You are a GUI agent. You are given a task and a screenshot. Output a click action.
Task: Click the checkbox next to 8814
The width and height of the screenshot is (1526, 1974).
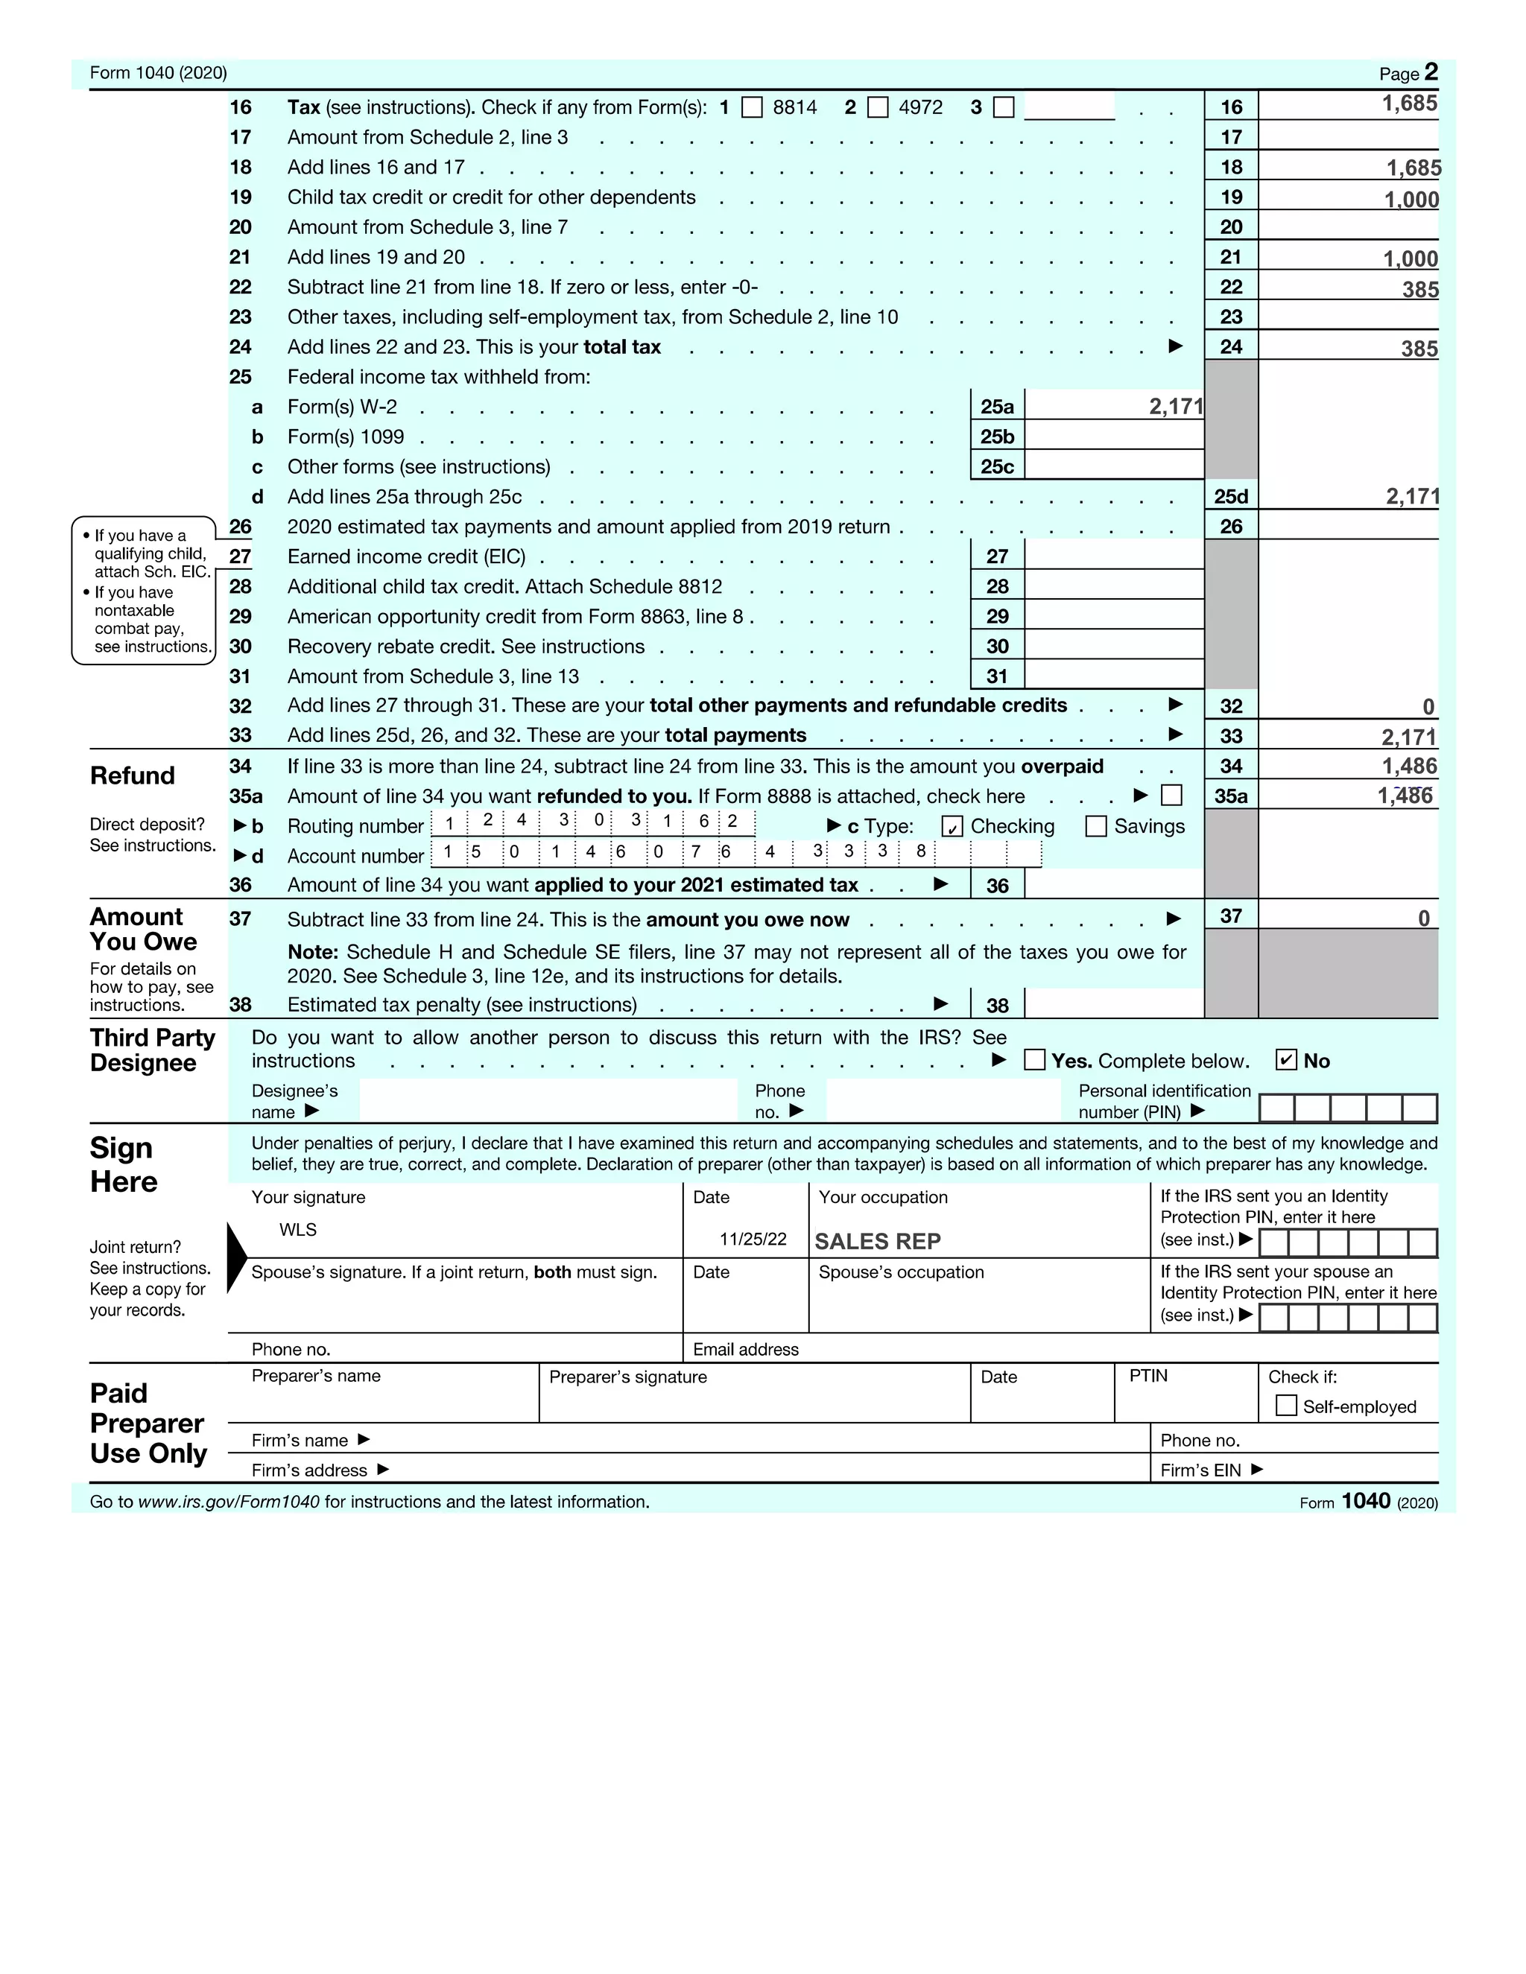click(751, 107)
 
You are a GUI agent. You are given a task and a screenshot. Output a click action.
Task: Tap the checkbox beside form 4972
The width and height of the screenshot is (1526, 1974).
click(878, 107)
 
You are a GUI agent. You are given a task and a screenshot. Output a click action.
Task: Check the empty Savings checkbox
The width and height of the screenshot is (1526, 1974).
click(1095, 826)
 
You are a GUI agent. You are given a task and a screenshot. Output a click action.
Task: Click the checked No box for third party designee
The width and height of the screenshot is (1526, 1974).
click(1285, 1060)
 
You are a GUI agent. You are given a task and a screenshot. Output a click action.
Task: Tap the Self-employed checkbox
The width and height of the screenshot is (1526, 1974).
click(1285, 1406)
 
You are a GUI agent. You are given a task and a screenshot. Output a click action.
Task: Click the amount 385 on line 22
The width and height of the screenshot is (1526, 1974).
click(1419, 290)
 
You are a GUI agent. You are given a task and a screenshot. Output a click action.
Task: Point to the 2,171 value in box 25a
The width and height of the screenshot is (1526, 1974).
click(1175, 407)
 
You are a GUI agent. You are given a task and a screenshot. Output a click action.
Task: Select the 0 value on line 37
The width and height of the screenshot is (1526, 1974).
click(1423, 918)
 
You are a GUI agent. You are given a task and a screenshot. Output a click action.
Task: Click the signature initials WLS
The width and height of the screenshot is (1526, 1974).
click(297, 1229)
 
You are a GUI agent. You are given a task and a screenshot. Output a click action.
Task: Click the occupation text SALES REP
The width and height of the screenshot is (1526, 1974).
click(877, 1241)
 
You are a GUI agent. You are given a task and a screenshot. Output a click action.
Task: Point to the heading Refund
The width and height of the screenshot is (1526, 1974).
click(132, 775)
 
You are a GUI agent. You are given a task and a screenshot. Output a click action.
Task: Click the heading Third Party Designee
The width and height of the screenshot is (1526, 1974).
click(152, 1050)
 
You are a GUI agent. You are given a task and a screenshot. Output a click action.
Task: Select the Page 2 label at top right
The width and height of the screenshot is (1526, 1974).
click(1408, 72)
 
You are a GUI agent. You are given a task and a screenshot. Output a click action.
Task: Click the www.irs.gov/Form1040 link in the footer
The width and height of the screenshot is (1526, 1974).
click(229, 1501)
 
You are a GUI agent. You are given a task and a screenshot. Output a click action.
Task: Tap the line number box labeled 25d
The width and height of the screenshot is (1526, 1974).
click(1230, 496)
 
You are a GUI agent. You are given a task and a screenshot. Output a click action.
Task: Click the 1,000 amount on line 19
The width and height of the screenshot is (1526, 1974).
click(1411, 200)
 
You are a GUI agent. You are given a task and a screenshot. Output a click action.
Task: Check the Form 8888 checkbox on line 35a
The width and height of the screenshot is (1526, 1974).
click(1171, 796)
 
